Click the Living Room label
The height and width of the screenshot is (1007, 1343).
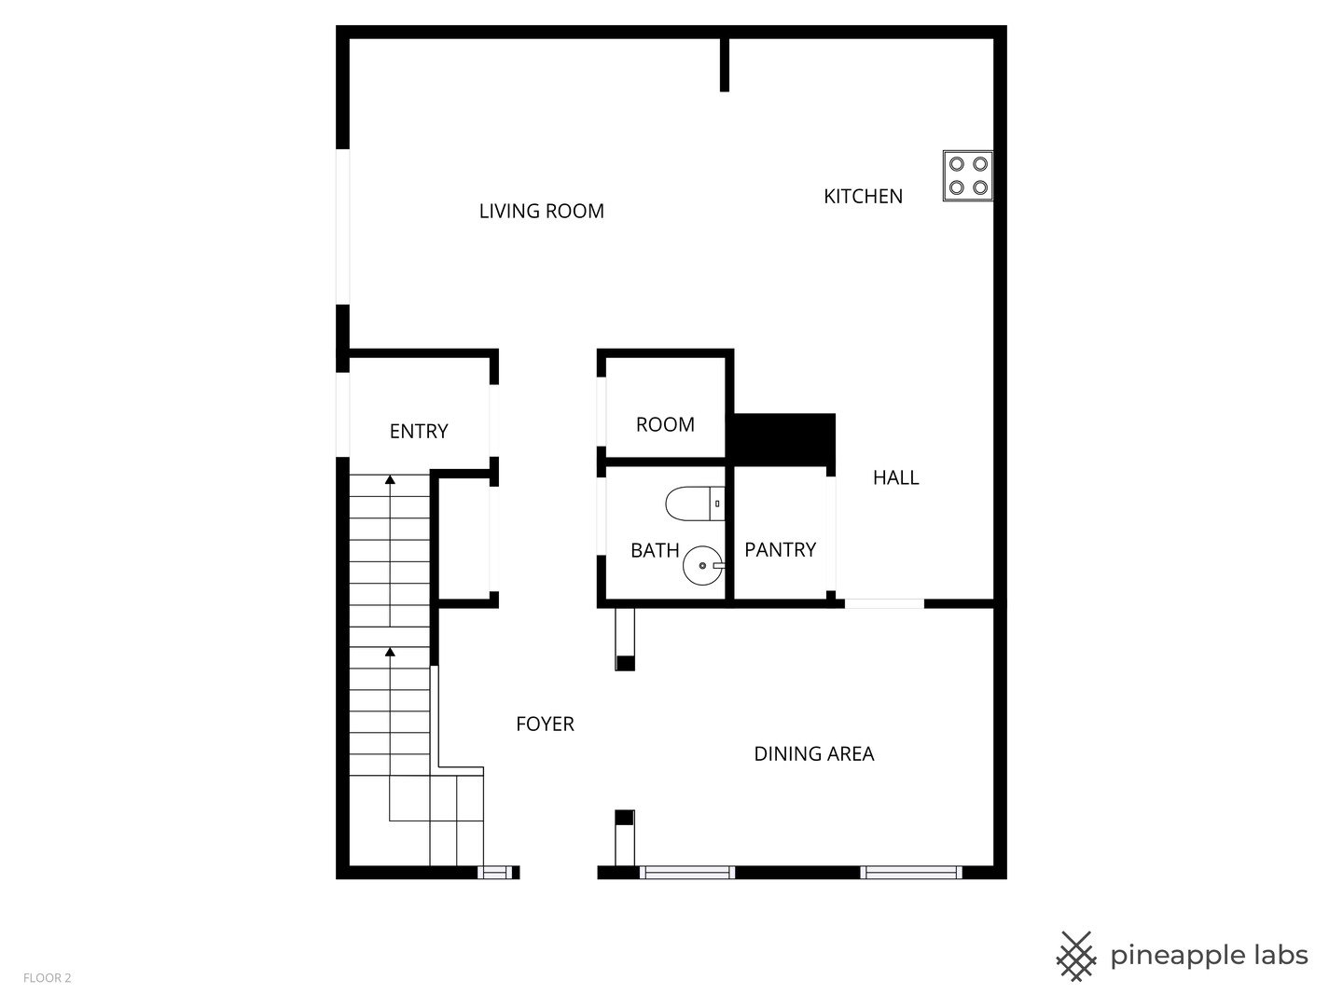coord(541,212)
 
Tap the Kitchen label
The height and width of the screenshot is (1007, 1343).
coord(863,197)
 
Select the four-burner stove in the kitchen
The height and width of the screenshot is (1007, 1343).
coord(967,175)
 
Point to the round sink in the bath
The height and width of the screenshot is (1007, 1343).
coord(701,565)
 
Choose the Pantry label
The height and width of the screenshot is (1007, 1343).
coord(780,550)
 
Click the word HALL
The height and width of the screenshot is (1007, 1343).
coord(895,478)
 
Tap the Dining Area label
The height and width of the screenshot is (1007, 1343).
coord(813,754)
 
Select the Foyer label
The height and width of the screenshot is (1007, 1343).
coord(545,724)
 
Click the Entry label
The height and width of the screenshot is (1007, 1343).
coord(419,432)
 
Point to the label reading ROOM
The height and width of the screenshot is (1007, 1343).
coord(665,425)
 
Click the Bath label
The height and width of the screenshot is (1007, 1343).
coord(655,551)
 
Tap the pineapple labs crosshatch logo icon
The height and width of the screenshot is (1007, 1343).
coord(1076,956)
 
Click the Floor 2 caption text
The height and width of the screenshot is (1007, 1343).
coord(48,978)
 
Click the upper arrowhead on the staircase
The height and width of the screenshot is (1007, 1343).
coord(390,480)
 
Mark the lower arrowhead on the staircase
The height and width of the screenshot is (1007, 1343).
coord(390,652)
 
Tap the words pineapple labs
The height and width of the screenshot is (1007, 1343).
coord(1209,956)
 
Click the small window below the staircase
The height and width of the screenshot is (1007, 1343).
coord(495,873)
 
